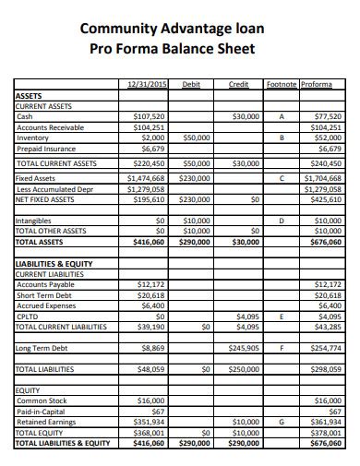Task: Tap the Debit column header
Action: [x=192, y=84]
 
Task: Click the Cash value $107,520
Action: [x=150, y=117]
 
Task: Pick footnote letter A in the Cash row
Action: [x=281, y=117]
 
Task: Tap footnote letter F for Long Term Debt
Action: [x=281, y=348]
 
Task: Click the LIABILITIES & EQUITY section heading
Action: [x=53, y=265]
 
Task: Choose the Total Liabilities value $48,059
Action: [x=150, y=369]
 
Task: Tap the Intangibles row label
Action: [x=34, y=221]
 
